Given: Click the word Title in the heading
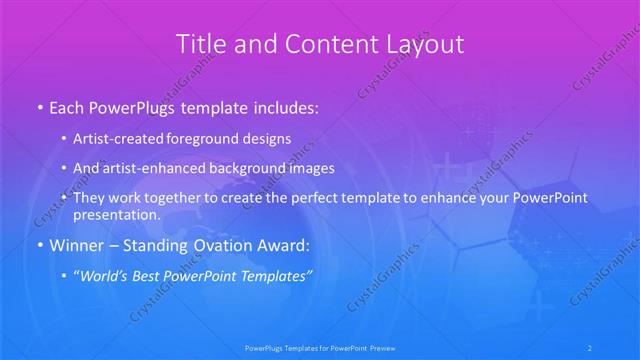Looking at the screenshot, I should pos(200,44).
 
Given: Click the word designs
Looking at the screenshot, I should pos(268,138).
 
